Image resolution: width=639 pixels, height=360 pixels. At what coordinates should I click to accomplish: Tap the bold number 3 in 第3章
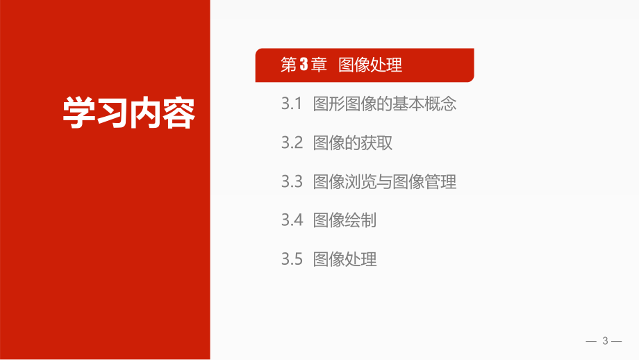coord(303,66)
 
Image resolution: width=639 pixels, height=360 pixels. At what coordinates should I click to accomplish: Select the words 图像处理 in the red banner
coord(370,66)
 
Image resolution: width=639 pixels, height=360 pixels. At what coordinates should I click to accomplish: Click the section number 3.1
coord(292,105)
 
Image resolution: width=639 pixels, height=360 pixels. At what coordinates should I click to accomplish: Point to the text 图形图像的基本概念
coord(385,105)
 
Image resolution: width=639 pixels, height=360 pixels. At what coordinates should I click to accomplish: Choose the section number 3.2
coord(292,144)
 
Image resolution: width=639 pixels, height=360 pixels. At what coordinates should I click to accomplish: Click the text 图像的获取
coord(353,144)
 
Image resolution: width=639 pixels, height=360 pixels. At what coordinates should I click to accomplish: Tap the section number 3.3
coord(292,182)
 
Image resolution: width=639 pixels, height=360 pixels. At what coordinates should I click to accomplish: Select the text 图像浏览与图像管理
coord(385,182)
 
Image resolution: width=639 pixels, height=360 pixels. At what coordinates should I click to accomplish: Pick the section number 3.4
coord(292,221)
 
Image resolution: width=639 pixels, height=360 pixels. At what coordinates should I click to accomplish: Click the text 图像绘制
coord(345,221)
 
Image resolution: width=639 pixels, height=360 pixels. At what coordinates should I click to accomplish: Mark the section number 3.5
coord(292,260)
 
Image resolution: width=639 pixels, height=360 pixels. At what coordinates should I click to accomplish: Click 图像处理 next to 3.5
coord(345,260)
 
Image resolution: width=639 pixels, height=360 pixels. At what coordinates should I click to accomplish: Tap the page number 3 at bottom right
coord(605,341)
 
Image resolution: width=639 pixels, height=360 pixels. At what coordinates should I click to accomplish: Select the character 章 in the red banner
coord(318,66)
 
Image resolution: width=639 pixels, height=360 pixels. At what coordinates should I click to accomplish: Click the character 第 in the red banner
coord(288,66)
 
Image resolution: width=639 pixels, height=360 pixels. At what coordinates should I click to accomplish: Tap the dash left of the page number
coord(592,341)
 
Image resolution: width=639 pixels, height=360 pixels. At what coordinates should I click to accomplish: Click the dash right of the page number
coord(617,341)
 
